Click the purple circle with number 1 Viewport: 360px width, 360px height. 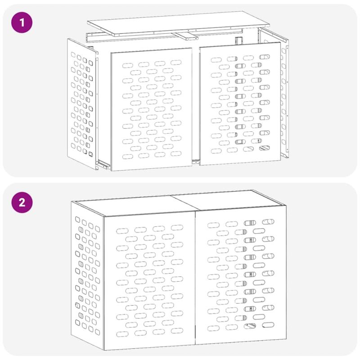pyautogui.click(x=22, y=22)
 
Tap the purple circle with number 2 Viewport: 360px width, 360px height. pyautogui.click(x=22, y=202)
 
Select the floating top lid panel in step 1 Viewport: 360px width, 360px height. pyautogui.click(x=178, y=24)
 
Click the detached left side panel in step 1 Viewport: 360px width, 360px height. pyautogui.click(x=81, y=104)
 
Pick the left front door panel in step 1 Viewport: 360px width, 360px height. pyautogui.click(x=151, y=109)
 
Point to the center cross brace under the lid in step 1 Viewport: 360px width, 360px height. pyautogui.click(x=185, y=36)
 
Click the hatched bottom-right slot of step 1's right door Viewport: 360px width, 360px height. pyautogui.click(x=265, y=148)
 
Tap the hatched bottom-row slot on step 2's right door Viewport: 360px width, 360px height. pyautogui.click(x=250, y=325)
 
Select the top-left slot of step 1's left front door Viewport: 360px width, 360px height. pyautogui.click(x=128, y=66)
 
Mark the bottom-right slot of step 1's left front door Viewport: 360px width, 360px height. pyautogui.click(x=176, y=153)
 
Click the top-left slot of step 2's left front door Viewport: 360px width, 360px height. pyautogui.click(x=122, y=231)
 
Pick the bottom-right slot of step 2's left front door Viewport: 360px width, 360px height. pyautogui.click(x=177, y=331)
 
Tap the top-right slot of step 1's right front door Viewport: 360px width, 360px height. pyautogui.click(x=265, y=57)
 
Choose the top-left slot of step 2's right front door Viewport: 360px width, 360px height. pyautogui.click(x=213, y=225)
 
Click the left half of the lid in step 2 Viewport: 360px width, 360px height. pyautogui.click(x=135, y=206)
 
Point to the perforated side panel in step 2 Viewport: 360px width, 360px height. pyautogui.click(x=87, y=275)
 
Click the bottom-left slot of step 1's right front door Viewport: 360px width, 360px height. pyautogui.click(x=216, y=151)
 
